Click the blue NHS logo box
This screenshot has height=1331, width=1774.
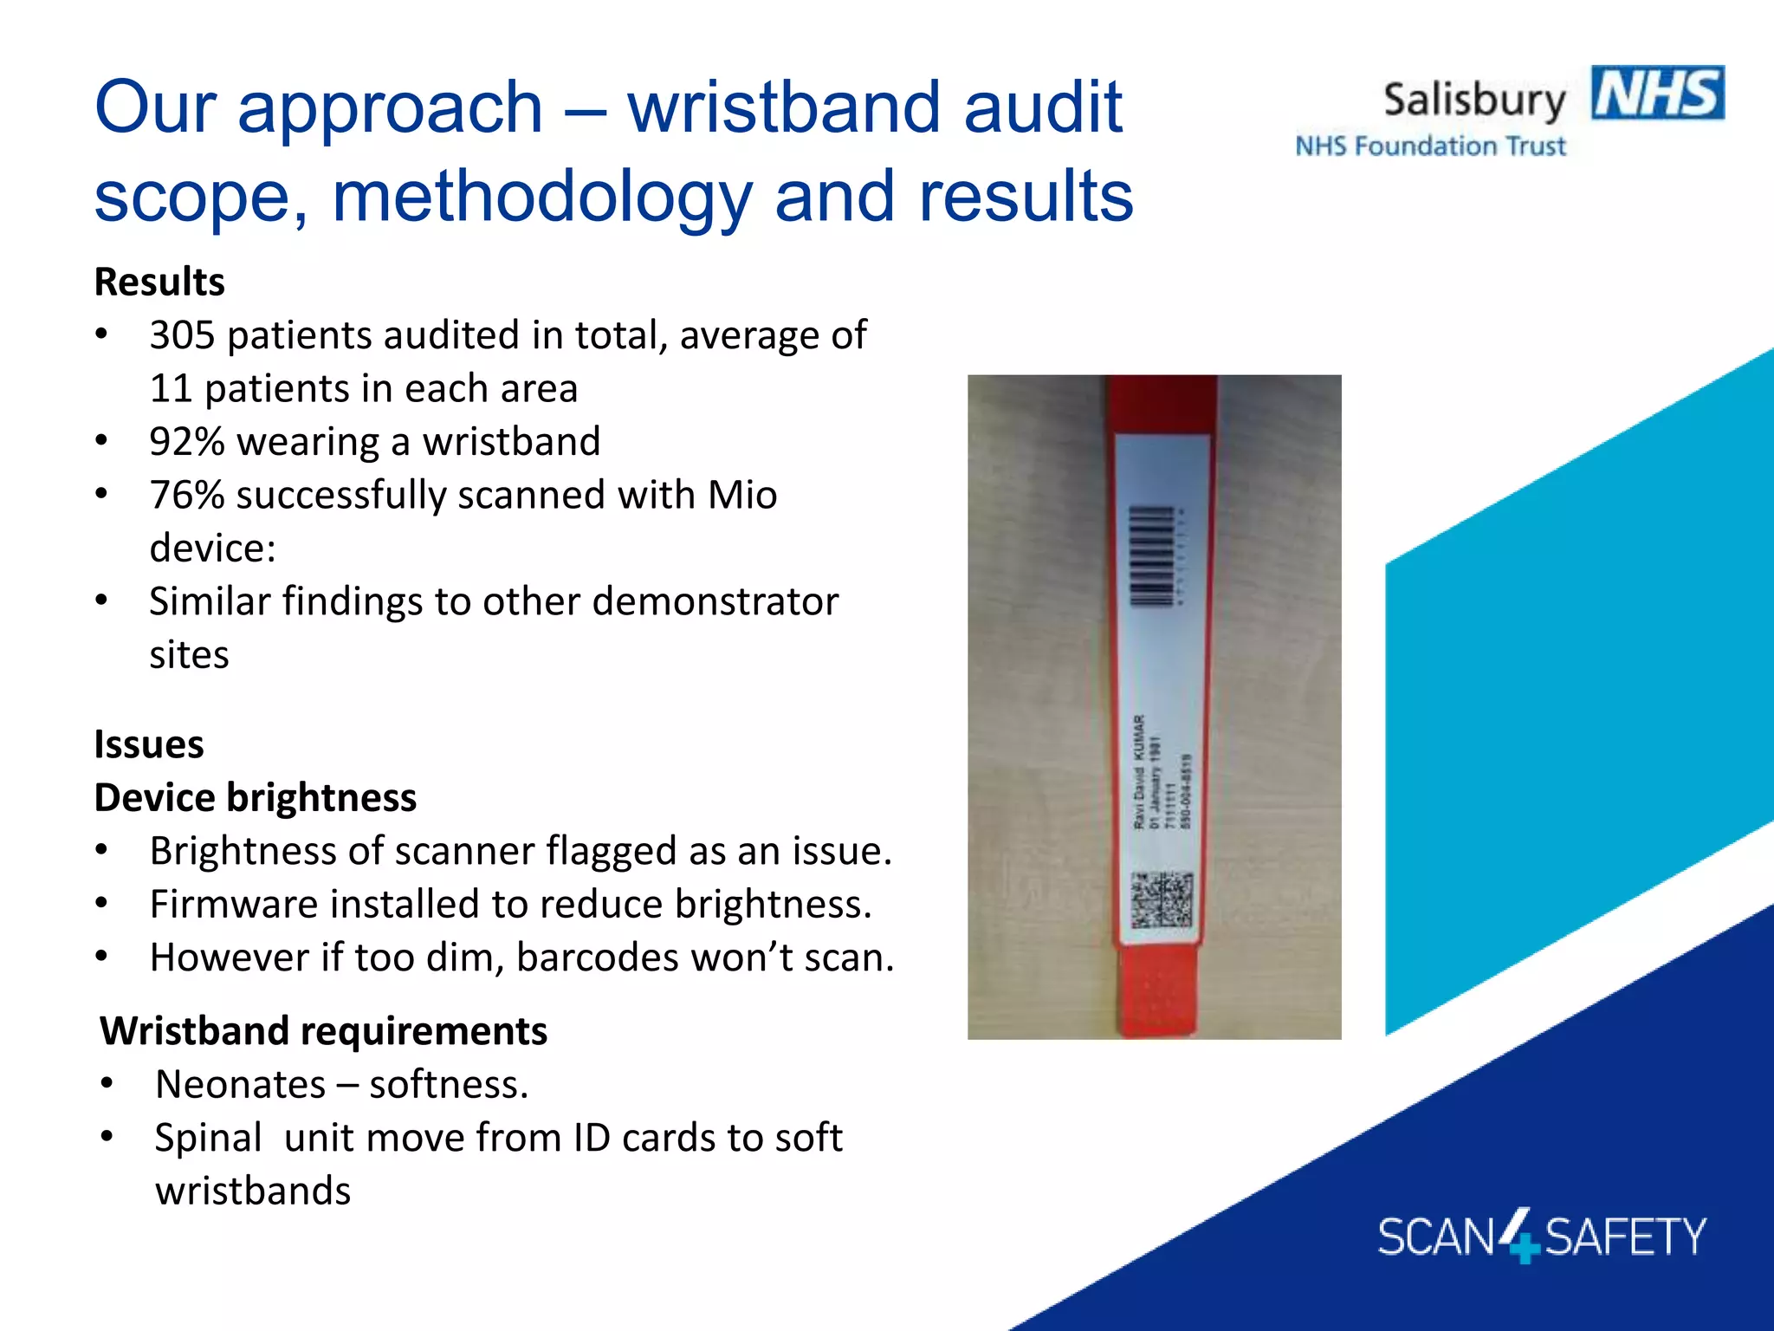tap(1657, 93)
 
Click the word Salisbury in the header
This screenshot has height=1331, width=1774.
tap(1474, 101)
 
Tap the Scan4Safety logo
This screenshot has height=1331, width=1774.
tap(1541, 1236)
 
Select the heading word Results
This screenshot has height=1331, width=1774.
tap(159, 282)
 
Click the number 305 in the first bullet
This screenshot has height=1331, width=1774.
tap(182, 335)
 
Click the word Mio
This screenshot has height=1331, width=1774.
tap(742, 496)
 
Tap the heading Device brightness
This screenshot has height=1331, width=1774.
tap(256, 798)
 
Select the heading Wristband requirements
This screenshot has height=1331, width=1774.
tap(324, 1031)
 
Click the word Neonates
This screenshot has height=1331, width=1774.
tap(241, 1085)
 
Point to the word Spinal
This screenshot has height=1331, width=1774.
tap(208, 1138)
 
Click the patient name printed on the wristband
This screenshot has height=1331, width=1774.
tap(1140, 770)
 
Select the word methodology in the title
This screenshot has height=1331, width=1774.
tap(543, 197)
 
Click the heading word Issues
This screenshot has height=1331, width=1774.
tap(149, 745)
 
